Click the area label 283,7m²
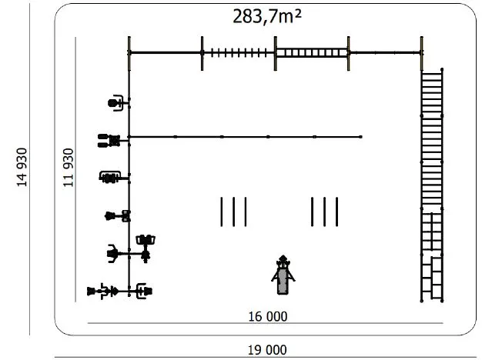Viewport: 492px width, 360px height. point(267,17)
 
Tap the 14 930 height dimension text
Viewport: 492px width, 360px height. point(22,167)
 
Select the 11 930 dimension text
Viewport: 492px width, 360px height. point(69,168)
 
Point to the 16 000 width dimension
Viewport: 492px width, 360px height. point(268,316)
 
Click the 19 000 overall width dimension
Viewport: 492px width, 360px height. point(267,350)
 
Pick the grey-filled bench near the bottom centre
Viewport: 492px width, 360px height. point(283,275)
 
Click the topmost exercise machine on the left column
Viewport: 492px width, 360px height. point(115,103)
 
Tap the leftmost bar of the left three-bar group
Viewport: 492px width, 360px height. point(222,212)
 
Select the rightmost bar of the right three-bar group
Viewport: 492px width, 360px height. point(336,212)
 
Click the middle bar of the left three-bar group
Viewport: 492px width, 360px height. point(234,212)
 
